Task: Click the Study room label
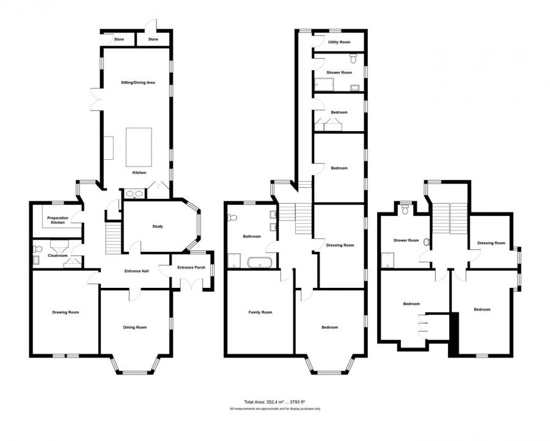pyautogui.click(x=158, y=226)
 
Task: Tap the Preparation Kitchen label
pyautogui.click(x=58, y=220)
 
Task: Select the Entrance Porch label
pyautogui.click(x=191, y=268)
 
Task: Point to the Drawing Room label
pyautogui.click(x=65, y=312)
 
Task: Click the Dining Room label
pyautogui.click(x=134, y=328)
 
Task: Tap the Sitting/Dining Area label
pyautogui.click(x=138, y=82)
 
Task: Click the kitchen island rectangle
pyautogui.click(x=139, y=148)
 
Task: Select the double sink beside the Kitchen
pyautogui.click(x=134, y=193)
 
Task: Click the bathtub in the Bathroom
pyautogui.click(x=260, y=262)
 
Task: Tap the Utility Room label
pyautogui.click(x=339, y=42)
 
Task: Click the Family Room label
pyautogui.click(x=260, y=312)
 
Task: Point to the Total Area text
pyautogui.click(x=277, y=402)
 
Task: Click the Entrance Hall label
pyautogui.click(x=137, y=271)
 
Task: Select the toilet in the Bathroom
pyautogui.click(x=233, y=218)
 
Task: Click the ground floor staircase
pyautogui.click(x=113, y=239)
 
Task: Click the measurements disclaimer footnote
pyautogui.click(x=275, y=409)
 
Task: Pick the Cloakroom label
pyautogui.click(x=57, y=256)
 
